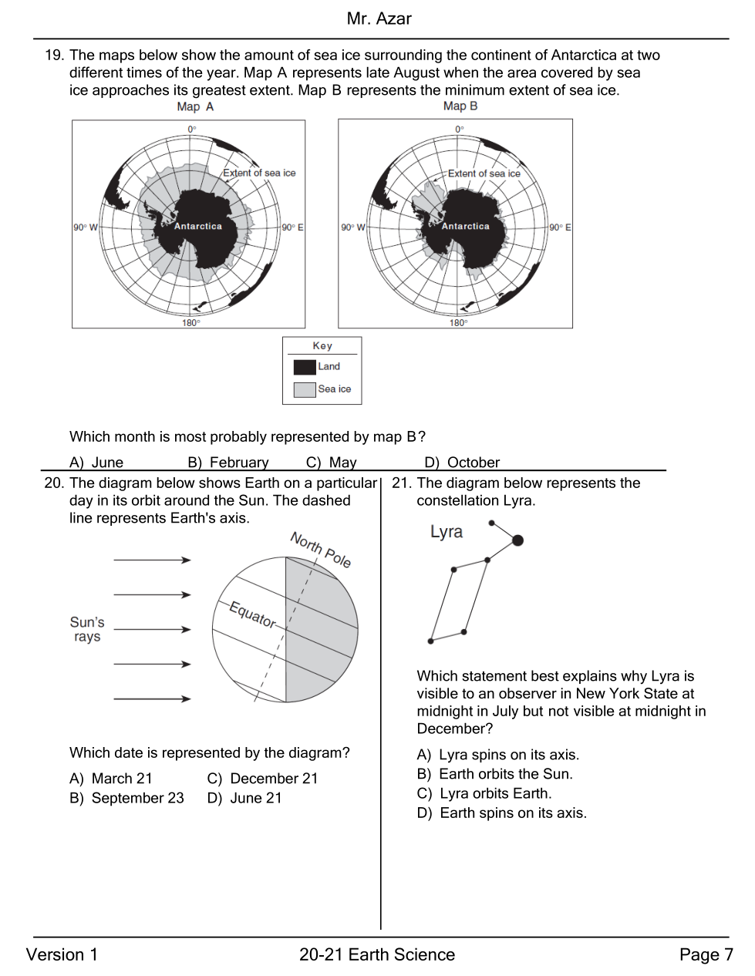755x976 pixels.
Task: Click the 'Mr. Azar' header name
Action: pyautogui.click(x=379, y=19)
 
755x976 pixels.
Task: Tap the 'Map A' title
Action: pyautogui.click(x=195, y=107)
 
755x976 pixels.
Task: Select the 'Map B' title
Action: pyautogui.click(x=460, y=106)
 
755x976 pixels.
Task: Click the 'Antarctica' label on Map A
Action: pyautogui.click(x=197, y=227)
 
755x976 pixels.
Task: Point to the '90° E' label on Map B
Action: pyautogui.click(x=560, y=227)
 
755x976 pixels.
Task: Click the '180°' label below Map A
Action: pyautogui.click(x=190, y=323)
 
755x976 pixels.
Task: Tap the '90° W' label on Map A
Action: pyautogui.click(x=86, y=227)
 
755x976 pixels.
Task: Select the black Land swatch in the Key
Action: pyautogui.click(x=305, y=367)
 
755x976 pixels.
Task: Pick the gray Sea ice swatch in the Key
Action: pyautogui.click(x=305, y=389)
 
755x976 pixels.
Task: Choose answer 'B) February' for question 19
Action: pyautogui.click(x=228, y=463)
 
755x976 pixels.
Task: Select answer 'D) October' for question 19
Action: pyautogui.click(x=462, y=463)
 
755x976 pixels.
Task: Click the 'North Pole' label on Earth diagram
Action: pyautogui.click(x=321, y=550)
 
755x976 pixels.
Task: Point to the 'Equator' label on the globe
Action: pyautogui.click(x=252, y=614)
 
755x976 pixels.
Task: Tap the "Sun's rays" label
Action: pyautogui.click(x=87, y=629)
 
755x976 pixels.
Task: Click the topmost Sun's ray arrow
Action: pyautogui.click(x=152, y=560)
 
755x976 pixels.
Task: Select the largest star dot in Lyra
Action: pyautogui.click(x=517, y=540)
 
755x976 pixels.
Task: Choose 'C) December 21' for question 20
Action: pyautogui.click(x=262, y=779)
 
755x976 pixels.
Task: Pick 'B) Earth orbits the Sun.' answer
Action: pyautogui.click(x=494, y=774)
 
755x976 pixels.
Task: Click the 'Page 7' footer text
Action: pyautogui.click(x=706, y=955)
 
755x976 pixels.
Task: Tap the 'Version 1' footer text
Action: pyautogui.click(x=62, y=955)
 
